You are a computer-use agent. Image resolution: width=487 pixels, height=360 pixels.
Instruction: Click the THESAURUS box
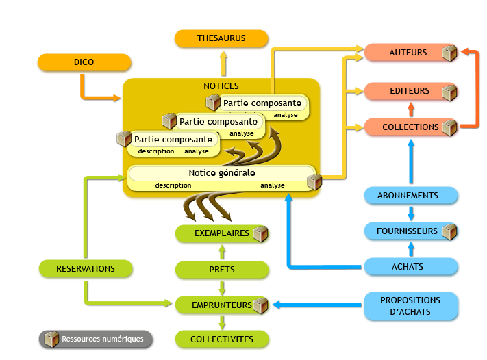pos(221,38)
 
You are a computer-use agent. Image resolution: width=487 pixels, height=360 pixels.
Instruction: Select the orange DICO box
pos(84,62)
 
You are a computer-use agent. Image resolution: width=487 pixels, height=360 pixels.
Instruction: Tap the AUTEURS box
pos(408,53)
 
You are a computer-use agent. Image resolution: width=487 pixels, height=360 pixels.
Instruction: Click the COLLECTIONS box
pos(410,127)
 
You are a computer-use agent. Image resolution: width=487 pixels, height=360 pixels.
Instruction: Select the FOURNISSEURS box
pos(407,231)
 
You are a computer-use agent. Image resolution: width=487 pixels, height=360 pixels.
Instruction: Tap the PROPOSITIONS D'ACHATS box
pos(410,306)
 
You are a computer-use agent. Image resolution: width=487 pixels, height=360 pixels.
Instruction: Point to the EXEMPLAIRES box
pos(221,233)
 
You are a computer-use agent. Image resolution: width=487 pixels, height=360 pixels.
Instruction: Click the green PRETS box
pos(221,270)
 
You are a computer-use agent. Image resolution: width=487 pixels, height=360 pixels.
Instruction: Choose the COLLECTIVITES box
pos(221,339)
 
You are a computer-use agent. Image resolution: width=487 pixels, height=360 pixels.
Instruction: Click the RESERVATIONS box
pos(86,268)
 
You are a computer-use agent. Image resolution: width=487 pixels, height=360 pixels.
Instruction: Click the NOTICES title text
pos(221,86)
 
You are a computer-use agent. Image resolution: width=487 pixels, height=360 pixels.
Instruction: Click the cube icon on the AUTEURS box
pos(449,53)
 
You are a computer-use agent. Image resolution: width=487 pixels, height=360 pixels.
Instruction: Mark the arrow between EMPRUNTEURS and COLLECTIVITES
pos(221,322)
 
